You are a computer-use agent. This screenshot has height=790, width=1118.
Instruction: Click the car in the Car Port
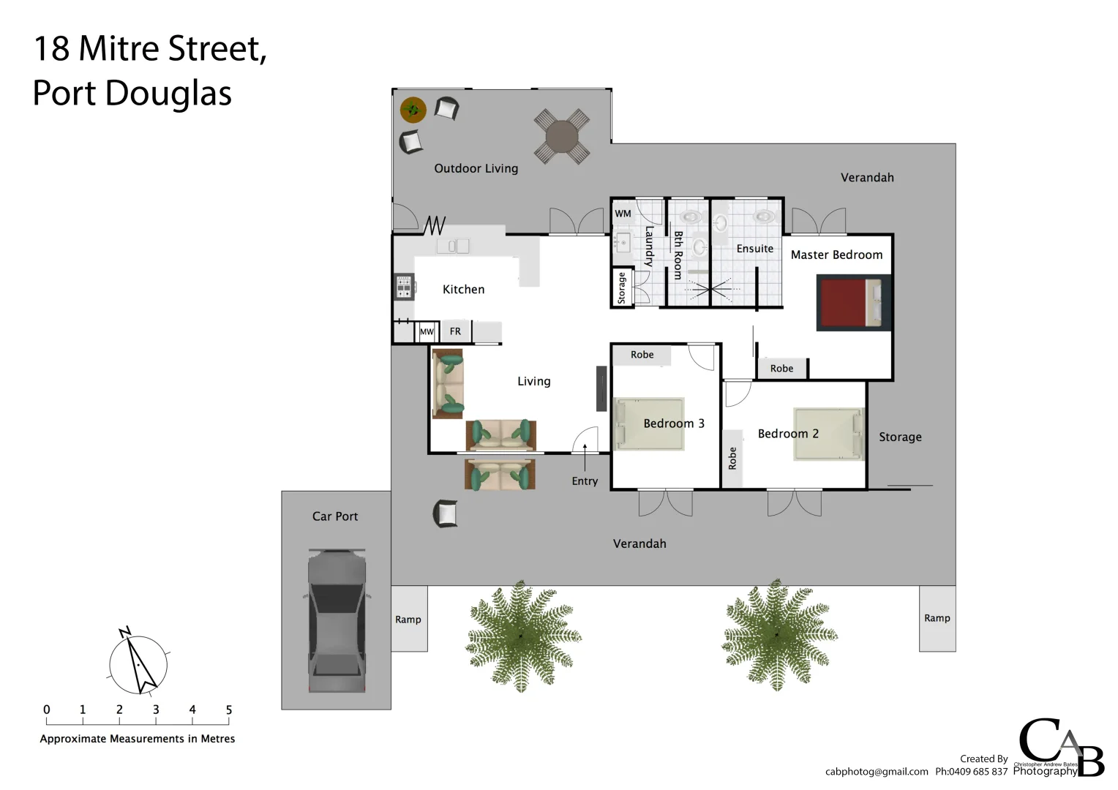pyautogui.click(x=337, y=620)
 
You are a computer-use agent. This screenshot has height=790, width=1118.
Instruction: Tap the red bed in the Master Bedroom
pyautogui.click(x=853, y=303)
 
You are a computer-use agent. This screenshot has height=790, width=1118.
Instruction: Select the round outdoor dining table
pyautogui.click(x=561, y=135)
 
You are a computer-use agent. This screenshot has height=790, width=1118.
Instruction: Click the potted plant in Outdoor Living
pyautogui.click(x=413, y=110)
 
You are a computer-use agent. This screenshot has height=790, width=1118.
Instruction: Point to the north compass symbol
pyautogui.click(x=138, y=664)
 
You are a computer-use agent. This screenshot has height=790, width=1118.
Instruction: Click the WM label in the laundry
pyautogui.click(x=623, y=214)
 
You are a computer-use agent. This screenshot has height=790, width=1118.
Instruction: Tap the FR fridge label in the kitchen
pyautogui.click(x=455, y=331)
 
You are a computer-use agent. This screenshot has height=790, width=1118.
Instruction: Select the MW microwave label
pyautogui.click(x=427, y=332)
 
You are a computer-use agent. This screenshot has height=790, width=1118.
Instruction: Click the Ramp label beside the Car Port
pyautogui.click(x=408, y=620)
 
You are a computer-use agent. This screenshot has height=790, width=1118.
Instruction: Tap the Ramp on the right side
pyautogui.click(x=937, y=618)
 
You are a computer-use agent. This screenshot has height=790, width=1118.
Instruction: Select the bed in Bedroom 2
pyautogui.click(x=828, y=434)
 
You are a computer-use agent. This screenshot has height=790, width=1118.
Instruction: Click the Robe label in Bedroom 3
pyautogui.click(x=642, y=355)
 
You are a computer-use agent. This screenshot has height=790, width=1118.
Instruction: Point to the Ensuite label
pyautogui.click(x=754, y=249)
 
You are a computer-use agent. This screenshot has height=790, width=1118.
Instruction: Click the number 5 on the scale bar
pyautogui.click(x=229, y=710)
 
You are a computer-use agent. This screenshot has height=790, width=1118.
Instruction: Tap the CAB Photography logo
pyautogui.click(x=1060, y=748)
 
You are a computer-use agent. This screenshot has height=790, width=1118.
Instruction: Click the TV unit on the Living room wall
pyautogui.click(x=601, y=388)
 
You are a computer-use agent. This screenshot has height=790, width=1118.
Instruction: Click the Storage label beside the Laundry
pyautogui.click(x=622, y=287)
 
